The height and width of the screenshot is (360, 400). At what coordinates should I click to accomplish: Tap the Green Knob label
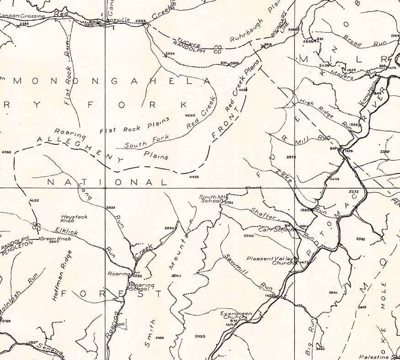[x=53, y=238]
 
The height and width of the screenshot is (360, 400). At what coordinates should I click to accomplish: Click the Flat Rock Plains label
[x=134, y=126]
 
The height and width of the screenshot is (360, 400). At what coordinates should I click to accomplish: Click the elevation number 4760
[x=6, y=151]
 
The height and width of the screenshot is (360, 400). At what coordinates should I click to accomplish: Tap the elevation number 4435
[x=193, y=176]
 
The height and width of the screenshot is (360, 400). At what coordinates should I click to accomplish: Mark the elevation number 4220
[x=190, y=115]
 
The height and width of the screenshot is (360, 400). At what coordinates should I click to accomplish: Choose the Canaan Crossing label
[x=22, y=16]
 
